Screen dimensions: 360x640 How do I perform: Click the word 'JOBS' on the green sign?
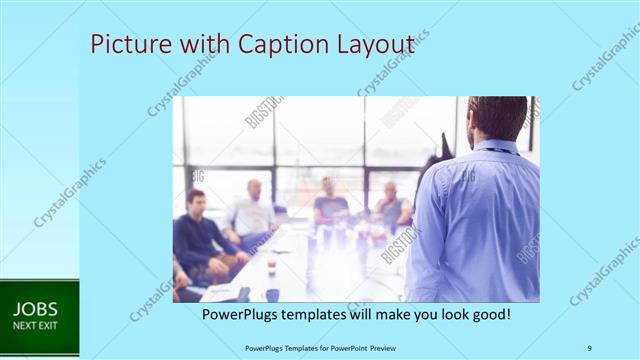coord(35,309)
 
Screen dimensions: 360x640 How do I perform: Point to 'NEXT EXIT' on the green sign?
coord(35,326)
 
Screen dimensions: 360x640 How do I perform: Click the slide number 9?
coord(589,347)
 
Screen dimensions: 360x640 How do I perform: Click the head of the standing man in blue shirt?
coord(497,118)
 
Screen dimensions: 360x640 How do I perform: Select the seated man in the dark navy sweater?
coord(200,235)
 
